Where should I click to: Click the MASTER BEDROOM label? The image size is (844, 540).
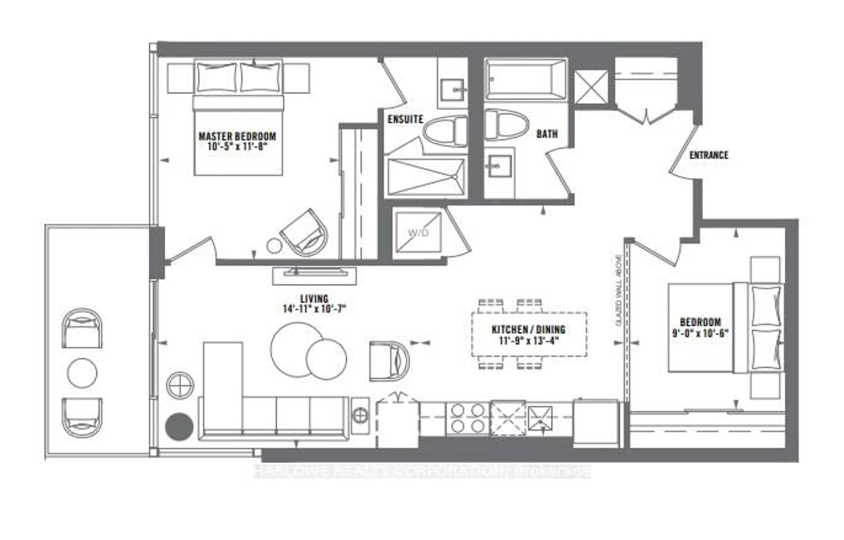pos(237,136)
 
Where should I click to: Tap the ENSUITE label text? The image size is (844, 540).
pos(405,119)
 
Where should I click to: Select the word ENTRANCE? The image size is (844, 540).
pos(709,155)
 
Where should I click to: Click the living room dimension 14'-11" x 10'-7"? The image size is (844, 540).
pos(314,309)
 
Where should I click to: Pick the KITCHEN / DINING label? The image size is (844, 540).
pos(528,330)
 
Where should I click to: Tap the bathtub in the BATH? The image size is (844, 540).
pos(525,80)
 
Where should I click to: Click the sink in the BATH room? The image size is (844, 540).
pos(499,165)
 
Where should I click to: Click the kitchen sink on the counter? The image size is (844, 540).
pos(540,418)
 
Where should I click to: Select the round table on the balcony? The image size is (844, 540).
pos(82,373)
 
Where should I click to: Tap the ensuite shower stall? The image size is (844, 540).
pos(426,177)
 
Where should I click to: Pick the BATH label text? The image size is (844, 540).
pos(547,134)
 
